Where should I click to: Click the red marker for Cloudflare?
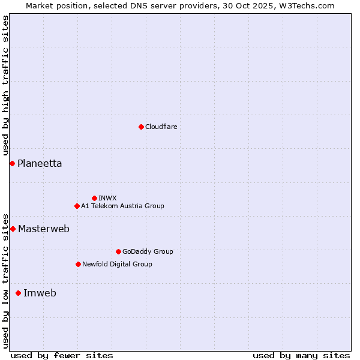point(141,127)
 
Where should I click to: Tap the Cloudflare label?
point(161,127)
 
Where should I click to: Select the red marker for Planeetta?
point(12,163)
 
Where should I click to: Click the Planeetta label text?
point(40,163)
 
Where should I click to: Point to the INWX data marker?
point(94,198)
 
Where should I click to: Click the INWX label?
point(107,198)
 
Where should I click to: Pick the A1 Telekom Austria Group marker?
point(77,206)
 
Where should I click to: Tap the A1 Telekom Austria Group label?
point(122,206)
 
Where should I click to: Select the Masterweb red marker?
point(13,229)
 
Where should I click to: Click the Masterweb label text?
point(44,229)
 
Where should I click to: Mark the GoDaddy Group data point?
point(118,251)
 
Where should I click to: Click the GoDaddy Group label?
point(148,251)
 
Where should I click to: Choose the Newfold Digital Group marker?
point(78,264)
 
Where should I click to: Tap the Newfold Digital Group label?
point(117,264)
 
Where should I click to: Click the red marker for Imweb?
point(18,293)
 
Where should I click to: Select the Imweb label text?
point(40,293)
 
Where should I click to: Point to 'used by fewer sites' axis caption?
point(62,355)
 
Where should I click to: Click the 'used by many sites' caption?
point(301,355)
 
